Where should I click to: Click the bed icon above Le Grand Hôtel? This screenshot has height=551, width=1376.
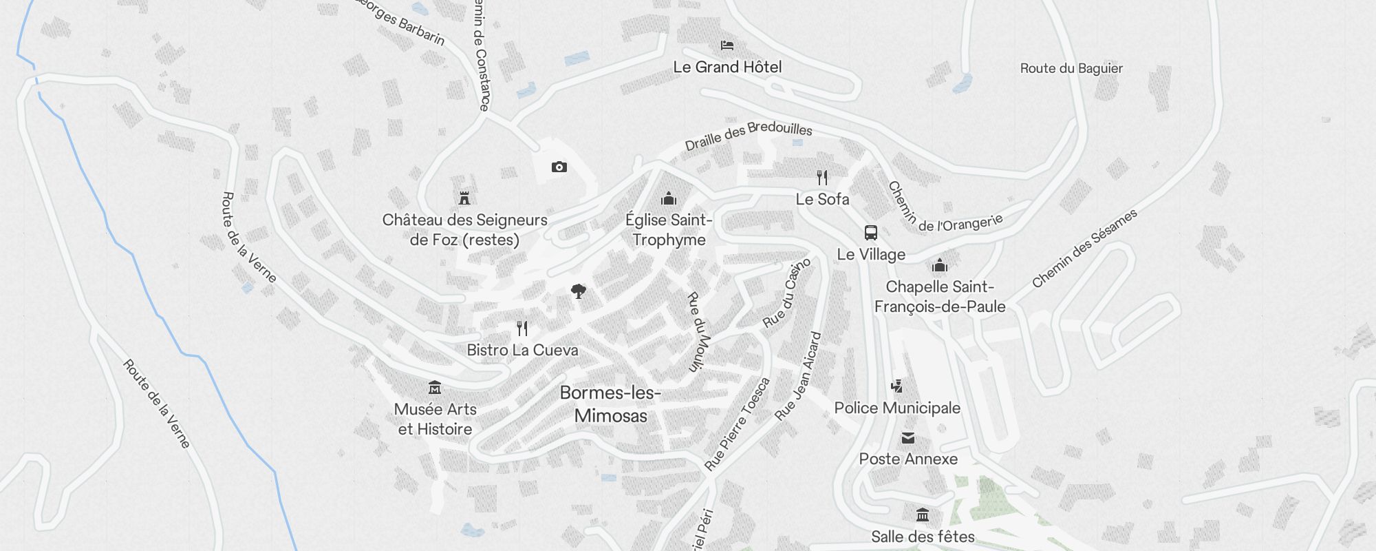[727, 45]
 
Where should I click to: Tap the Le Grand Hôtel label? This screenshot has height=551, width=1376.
[727, 67]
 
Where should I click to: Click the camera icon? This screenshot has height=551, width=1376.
[559, 167]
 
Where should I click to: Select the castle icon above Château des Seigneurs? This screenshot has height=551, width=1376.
[464, 198]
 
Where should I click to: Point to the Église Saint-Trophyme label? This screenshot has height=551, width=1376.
[669, 229]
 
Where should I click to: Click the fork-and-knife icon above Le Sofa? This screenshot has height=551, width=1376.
[822, 178]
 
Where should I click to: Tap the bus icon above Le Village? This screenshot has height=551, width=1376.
[870, 233]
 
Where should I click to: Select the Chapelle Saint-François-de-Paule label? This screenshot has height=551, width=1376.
[940, 296]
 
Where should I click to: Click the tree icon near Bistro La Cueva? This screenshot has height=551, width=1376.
[579, 291]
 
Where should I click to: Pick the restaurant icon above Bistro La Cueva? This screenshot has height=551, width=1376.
[522, 329]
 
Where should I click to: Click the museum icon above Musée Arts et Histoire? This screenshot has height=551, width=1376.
[435, 387]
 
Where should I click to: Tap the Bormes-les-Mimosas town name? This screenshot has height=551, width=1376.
[610, 404]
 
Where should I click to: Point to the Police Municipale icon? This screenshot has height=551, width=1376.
[896, 386]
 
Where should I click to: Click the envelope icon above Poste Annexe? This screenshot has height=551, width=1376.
[908, 437]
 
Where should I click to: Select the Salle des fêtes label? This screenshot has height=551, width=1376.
[923, 537]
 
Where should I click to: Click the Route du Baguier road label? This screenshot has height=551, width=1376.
[1071, 68]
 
